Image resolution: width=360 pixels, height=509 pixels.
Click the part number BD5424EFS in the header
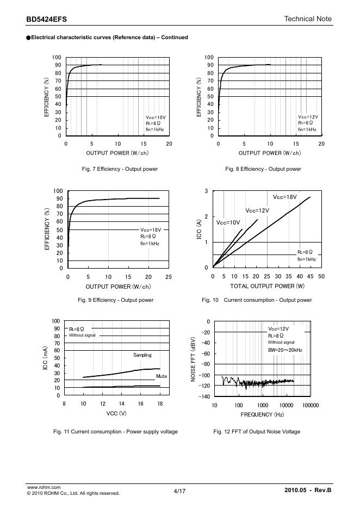[x=47, y=19]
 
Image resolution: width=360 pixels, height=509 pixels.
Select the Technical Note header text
[x=308, y=19]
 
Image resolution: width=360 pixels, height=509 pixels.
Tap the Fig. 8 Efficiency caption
[x=263, y=169]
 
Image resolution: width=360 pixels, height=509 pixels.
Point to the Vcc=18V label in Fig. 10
[x=285, y=197]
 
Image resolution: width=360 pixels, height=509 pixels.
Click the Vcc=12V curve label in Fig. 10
[x=257, y=210]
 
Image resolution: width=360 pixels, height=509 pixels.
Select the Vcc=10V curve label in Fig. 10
[x=228, y=223]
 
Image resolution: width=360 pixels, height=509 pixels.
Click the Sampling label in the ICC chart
[x=142, y=355]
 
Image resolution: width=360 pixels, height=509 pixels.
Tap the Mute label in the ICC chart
[x=161, y=376]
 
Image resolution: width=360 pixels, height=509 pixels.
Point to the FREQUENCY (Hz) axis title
[x=263, y=414]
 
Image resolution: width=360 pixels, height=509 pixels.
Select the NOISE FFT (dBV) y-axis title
[x=193, y=359]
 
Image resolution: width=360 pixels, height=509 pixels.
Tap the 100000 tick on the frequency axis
[x=311, y=406]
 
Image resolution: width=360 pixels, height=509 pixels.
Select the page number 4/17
[x=179, y=491]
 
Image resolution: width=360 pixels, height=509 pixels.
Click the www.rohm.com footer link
[x=44, y=487]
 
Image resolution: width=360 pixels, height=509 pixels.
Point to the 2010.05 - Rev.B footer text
[x=308, y=491]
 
